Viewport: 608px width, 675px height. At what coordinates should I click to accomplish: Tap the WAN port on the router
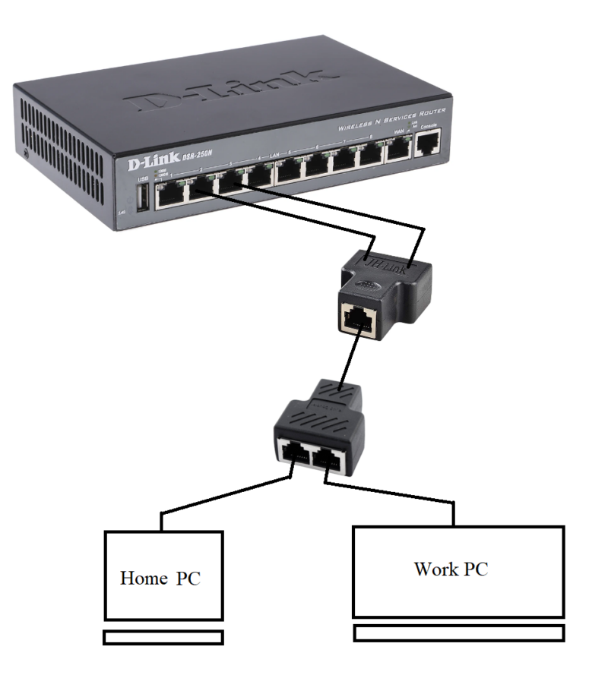[x=398, y=150]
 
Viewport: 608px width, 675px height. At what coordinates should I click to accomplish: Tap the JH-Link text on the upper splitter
[x=387, y=261]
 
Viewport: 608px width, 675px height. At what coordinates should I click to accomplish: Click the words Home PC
[x=160, y=578]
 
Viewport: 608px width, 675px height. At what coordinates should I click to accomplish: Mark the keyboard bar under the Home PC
[x=163, y=637]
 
